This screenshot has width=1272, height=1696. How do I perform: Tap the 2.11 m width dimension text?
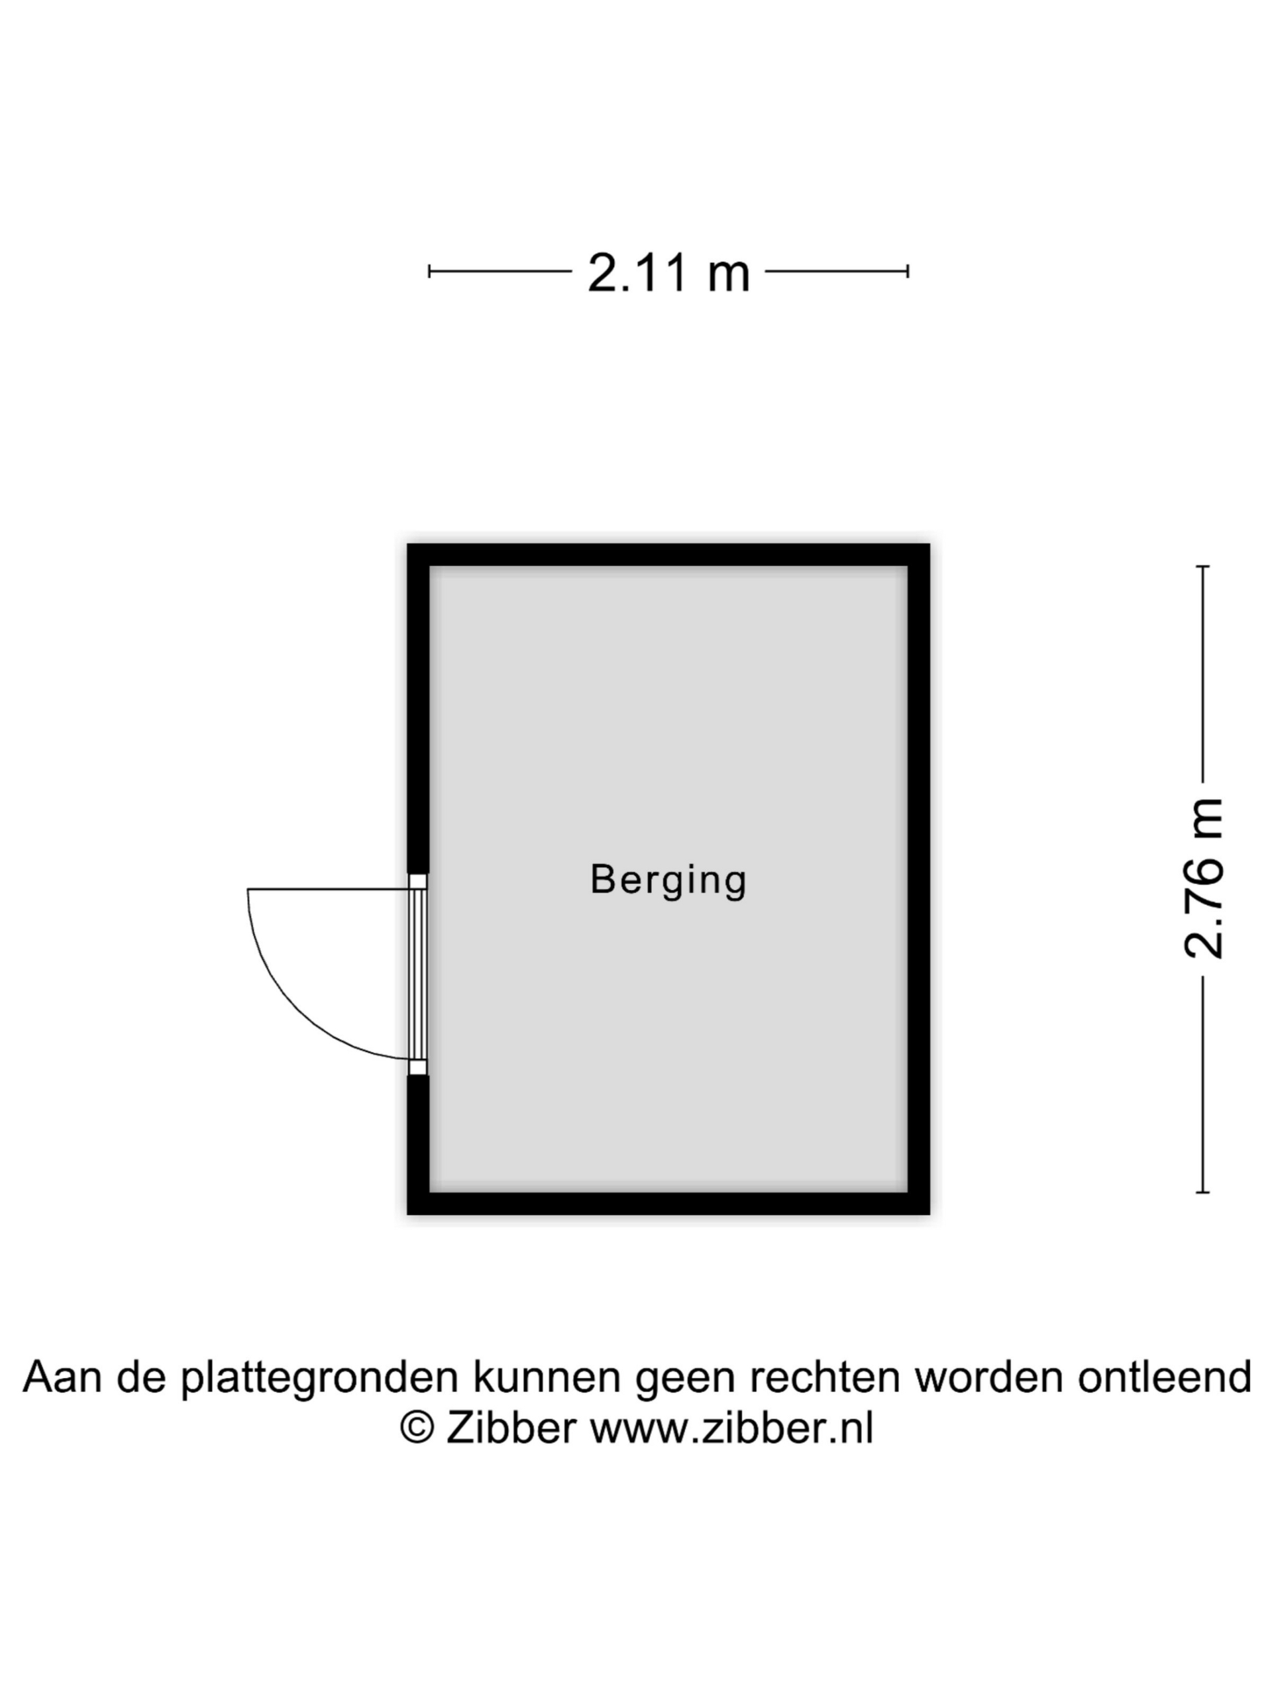[x=668, y=273]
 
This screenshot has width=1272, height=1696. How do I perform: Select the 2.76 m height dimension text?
[x=1203, y=878]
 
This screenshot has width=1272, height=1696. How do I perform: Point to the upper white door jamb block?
[x=418, y=881]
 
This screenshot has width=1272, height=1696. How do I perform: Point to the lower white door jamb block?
[x=418, y=1067]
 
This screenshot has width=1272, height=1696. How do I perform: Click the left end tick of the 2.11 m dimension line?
[x=429, y=271]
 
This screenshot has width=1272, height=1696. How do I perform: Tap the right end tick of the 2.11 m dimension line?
[x=908, y=271]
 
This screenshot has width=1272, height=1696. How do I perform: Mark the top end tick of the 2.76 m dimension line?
[x=1203, y=566]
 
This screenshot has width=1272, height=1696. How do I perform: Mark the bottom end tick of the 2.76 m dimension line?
[x=1203, y=1192]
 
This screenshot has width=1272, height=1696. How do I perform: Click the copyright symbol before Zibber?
[x=418, y=1428]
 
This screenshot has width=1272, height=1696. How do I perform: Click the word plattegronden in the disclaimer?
[x=321, y=1378]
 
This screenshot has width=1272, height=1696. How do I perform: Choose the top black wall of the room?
[x=668, y=555]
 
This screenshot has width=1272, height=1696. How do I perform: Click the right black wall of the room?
[x=918, y=879]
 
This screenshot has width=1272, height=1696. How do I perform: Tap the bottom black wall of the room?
[x=668, y=1204]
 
